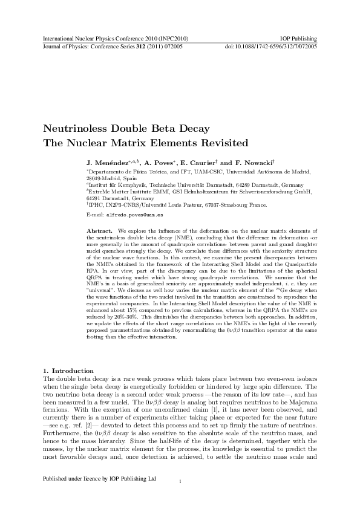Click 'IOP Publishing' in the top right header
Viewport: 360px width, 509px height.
[299, 38]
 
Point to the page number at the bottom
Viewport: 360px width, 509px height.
[180, 498]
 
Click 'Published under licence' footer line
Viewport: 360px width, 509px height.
[100, 495]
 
